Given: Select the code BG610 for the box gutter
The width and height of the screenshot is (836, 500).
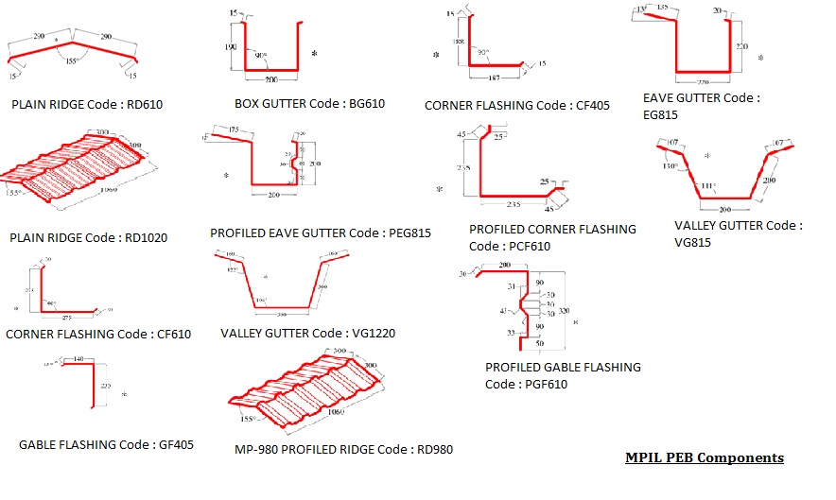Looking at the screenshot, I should click(366, 104).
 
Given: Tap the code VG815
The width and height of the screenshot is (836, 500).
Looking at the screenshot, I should click(692, 242).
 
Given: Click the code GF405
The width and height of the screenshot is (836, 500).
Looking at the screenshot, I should click(173, 444).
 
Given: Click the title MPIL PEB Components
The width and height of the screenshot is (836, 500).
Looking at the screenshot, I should click(704, 457).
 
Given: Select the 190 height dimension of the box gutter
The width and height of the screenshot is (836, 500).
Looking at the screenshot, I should click(232, 43).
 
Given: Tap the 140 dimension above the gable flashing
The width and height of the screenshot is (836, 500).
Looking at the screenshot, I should click(78, 359).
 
